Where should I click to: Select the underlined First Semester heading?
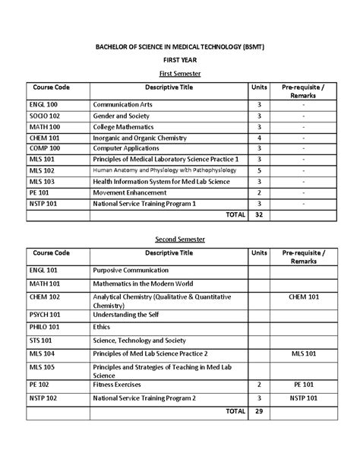point(179,73)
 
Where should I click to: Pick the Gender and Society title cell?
point(122,116)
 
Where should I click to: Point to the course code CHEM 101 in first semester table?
point(44,138)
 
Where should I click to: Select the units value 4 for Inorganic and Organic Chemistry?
point(260,138)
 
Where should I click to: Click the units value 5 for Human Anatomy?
point(260,171)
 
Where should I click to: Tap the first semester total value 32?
point(260,215)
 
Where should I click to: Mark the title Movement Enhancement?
point(131,193)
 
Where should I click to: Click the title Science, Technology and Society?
point(144,341)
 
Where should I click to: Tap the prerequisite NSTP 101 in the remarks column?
point(302,398)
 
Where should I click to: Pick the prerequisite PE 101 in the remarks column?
point(302,385)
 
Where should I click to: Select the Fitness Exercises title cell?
point(122,385)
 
